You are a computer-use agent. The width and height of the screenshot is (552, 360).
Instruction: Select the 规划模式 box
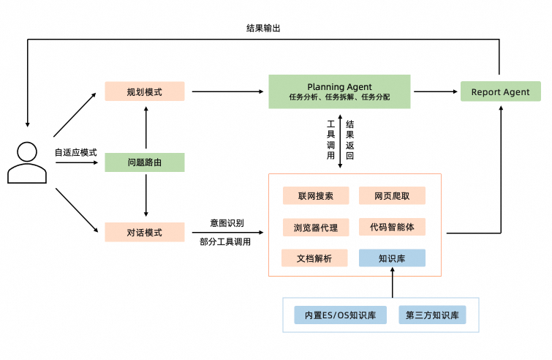(x=145, y=91)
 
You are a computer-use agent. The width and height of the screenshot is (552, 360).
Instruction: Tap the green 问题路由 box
(x=145, y=162)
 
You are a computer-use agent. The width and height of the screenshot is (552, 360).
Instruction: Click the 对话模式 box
(x=145, y=233)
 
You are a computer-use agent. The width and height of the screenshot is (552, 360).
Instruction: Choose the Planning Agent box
(x=339, y=91)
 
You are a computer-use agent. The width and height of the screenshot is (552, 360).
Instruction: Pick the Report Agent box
(x=500, y=92)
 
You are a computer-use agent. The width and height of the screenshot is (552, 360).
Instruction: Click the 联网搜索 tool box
(x=316, y=196)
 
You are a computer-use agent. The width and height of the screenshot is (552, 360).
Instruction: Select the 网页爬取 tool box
(x=392, y=196)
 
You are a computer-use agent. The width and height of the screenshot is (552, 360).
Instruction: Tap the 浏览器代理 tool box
(x=316, y=228)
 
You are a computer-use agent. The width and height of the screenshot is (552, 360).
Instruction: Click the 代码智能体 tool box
(x=392, y=227)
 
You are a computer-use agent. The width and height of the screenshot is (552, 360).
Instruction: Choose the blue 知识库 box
(x=392, y=258)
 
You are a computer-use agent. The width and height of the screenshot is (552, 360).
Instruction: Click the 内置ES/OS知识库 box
(x=340, y=316)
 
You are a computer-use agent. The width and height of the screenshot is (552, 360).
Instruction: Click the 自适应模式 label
(x=75, y=153)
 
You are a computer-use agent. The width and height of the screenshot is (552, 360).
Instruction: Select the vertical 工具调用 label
(x=330, y=140)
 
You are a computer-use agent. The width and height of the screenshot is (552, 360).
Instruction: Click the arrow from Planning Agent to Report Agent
(x=436, y=92)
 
